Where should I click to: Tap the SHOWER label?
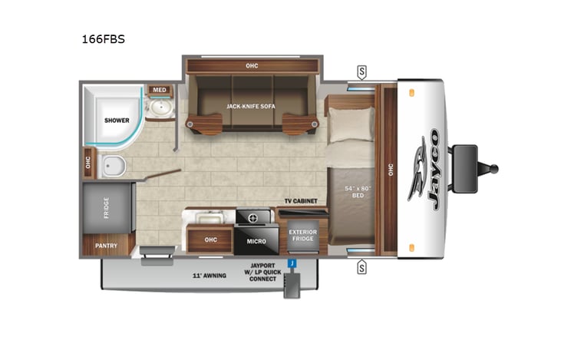point(117,120)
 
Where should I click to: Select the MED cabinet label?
point(159,90)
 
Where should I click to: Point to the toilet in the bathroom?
point(114,163)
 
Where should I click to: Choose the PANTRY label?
point(105,246)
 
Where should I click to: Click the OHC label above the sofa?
point(252,65)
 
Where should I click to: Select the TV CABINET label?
point(300,201)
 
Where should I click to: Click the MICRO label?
point(256,241)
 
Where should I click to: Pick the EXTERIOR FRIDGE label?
point(302,235)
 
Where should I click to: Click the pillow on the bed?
point(351,124)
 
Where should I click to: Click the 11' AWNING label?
point(208,275)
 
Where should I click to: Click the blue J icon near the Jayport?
point(292,263)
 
